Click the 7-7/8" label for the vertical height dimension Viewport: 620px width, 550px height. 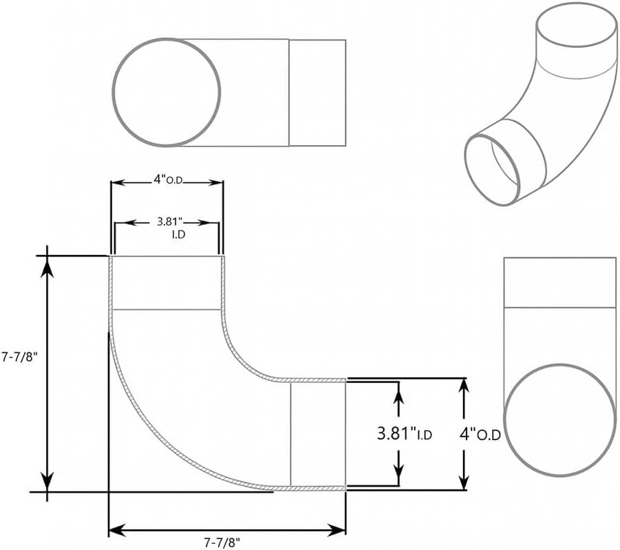tap(19, 357)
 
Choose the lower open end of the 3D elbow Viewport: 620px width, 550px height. tap(493, 169)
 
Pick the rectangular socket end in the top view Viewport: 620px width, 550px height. tap(317, 92)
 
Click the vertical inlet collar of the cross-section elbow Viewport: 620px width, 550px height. tap(166, 283)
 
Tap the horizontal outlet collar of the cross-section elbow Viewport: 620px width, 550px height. tap(317, 434)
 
